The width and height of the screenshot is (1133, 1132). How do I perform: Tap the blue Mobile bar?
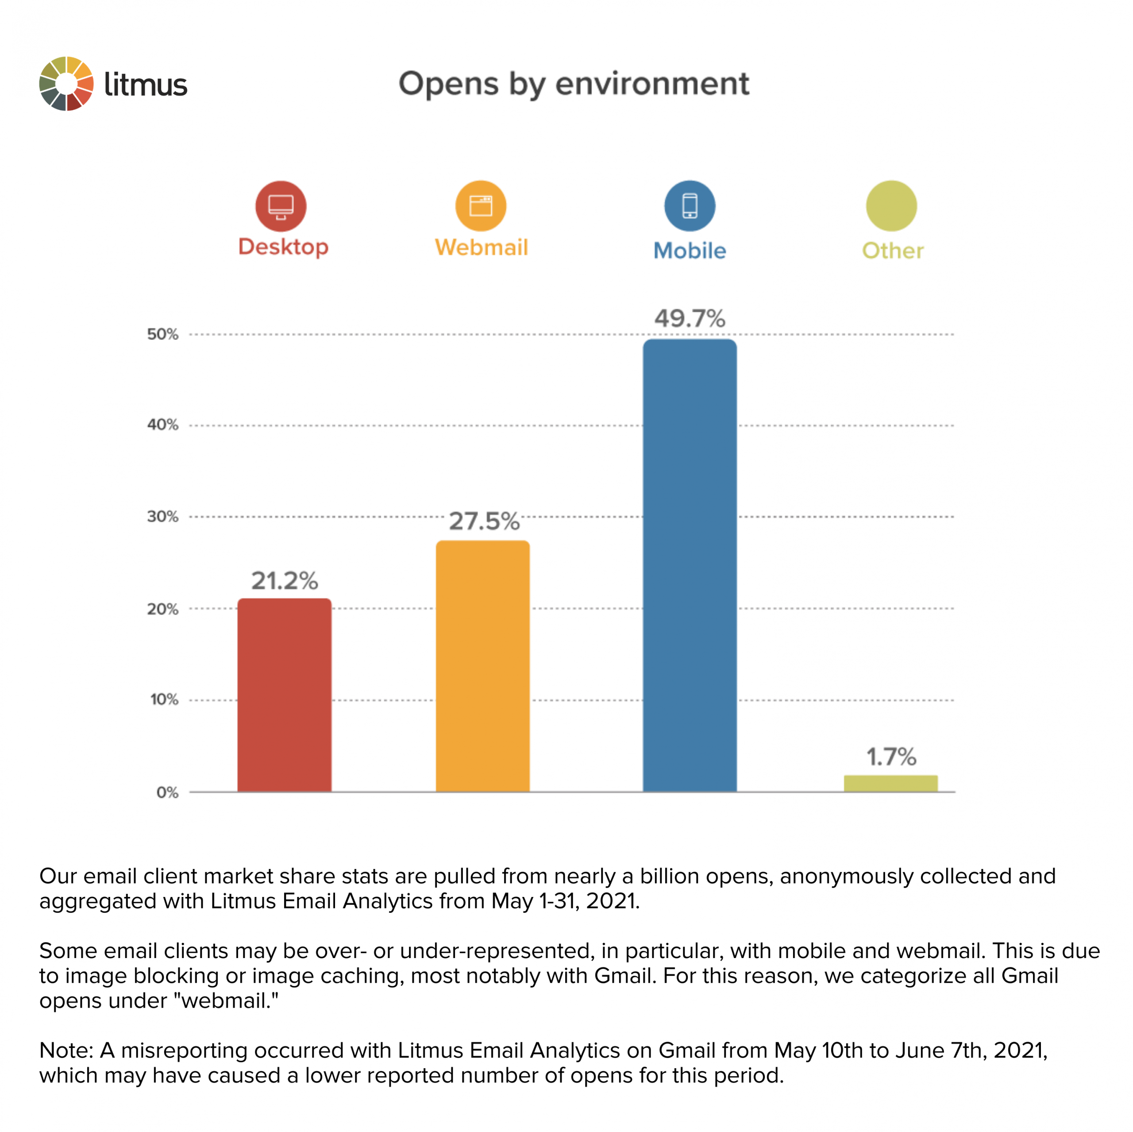click(x=689, y=565)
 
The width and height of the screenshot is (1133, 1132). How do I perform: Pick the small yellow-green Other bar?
click(x=890, y=783)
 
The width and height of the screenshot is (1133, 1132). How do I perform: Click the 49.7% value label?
click(x=689, y=318)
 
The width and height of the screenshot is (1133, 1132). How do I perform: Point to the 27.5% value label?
click(x=484, y=521)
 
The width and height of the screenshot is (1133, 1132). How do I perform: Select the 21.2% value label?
click(x=285, y=581)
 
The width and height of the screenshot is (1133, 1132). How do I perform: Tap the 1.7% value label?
click(x=891, y=757)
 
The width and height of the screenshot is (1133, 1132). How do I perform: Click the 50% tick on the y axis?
click(x=162, y=334)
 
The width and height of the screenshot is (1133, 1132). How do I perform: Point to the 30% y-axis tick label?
click(x=162, y=517)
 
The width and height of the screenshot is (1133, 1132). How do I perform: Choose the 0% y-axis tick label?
click(x=167, y=792)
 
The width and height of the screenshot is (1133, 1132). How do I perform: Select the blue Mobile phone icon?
click(x=689, y=206)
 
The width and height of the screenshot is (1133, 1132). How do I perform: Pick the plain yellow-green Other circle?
click(x=891, y=206)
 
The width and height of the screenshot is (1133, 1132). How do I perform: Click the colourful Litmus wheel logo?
click(x=66, y=83)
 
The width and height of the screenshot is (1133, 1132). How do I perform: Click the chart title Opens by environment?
click(x=573, y=83)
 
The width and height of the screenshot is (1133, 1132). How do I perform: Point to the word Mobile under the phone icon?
click(x=689, y=251)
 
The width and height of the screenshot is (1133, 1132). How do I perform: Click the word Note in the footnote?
click(x=65, y=1051)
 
